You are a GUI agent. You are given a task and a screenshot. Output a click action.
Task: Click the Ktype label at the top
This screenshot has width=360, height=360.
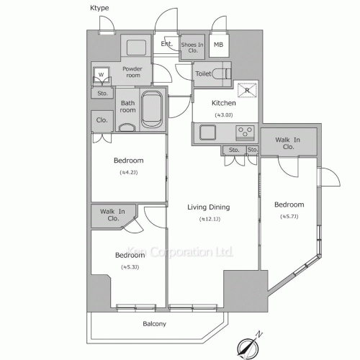tap(100, 7)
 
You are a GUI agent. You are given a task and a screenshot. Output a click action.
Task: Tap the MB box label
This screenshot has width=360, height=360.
tap(217, 45)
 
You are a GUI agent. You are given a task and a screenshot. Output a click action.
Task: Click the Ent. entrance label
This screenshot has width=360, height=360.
tap(166, 44)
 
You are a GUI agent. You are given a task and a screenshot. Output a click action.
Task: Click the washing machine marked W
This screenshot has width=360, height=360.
tap(102, 74)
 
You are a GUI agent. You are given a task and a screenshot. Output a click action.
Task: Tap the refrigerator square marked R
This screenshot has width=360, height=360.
tap(246, 89)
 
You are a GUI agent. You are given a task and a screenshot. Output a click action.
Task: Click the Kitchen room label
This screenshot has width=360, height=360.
tap(224, 103)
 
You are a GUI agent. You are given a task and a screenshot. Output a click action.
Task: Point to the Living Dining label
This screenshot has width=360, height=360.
tap(208, 207)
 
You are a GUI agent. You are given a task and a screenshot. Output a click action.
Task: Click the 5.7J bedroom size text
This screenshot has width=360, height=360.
tap(289, 217)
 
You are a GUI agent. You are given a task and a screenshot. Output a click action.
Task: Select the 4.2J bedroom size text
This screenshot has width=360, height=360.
tap(130, 173)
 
